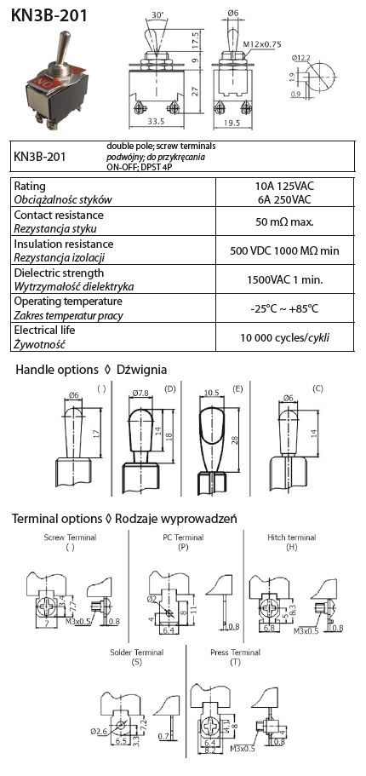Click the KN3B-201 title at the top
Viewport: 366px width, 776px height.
click(x=49, y=15)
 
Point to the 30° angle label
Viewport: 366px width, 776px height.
click(x=157, y=14)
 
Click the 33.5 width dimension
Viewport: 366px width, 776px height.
click(x=157, y=121)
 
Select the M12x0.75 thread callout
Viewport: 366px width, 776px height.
click(x=261, y=44)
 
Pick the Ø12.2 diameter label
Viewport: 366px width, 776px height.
click(x=300, y=59)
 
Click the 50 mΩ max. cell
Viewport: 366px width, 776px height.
click(x=285, y=221)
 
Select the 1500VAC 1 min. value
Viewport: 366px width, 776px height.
click(x=285, y=279)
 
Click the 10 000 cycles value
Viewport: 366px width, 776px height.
click(x=285, y=338)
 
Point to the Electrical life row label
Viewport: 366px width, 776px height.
click(x=44, y=331)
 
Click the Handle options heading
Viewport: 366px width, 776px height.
click(x=57, y=370)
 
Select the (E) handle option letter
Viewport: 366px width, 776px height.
click(x=238, y=389)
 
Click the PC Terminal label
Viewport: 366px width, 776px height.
click(x=183, y=537)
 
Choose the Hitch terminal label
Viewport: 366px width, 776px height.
click(x=291, y=537)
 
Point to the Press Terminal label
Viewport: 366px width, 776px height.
click(x=235, y=652)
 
